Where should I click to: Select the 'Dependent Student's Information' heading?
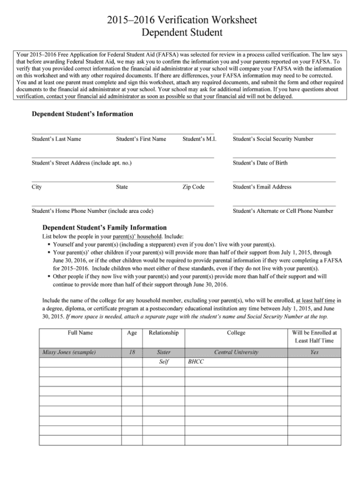82,114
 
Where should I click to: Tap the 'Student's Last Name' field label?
56,139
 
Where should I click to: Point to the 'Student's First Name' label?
141,139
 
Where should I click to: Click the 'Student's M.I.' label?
200,139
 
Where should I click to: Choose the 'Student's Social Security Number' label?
273,139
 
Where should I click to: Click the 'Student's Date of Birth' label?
260,163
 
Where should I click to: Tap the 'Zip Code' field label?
193,187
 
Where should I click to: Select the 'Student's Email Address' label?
262,187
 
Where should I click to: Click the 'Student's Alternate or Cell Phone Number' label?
282,211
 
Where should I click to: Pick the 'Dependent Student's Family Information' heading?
105,228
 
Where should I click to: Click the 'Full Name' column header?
80,333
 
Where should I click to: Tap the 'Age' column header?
132,333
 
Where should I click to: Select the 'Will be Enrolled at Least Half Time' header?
315,337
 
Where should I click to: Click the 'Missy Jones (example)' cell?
69,353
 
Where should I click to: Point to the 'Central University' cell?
236,353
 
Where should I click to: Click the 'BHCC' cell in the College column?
196,362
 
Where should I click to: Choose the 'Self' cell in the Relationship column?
163,362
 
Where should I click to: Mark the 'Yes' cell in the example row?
315,353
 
